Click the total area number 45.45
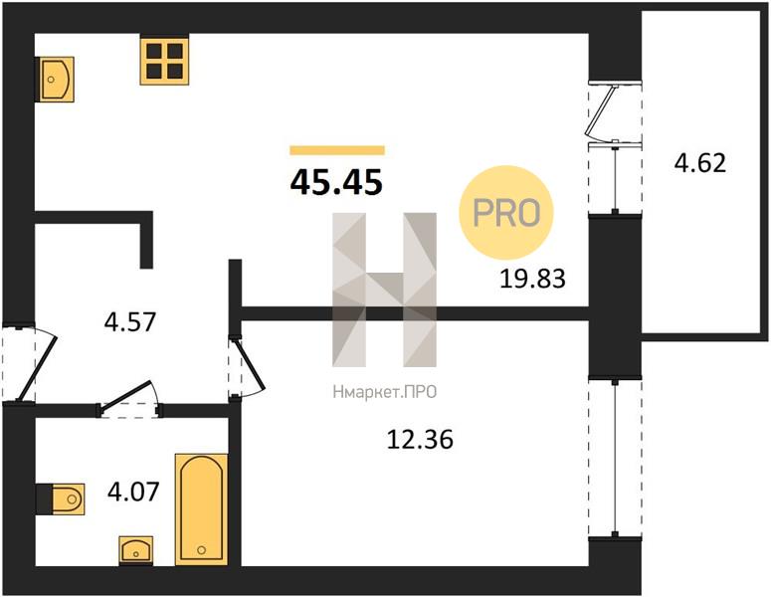(336, 182)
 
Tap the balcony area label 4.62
(699, 163)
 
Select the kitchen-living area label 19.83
(532, 279)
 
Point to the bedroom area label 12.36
(420, 439)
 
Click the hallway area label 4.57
(129, 322)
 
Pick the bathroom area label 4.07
(133, 492)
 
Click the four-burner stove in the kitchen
(165, 62)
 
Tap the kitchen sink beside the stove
(55, 80)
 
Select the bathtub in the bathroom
(202, 509)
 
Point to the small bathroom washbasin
(135, 550)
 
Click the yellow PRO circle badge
(506, 213)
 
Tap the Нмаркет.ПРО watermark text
(385, 392)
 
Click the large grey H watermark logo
(385, 290)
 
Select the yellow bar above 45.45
(337, 150)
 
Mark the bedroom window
(615, 458)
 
